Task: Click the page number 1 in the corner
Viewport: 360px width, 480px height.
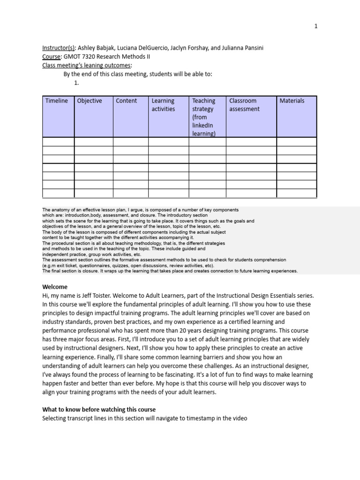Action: [x=316, y=26]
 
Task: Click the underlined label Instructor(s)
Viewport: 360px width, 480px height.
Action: [x=58, y=48]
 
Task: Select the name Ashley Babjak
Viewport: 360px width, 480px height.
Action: [x=97, y=48]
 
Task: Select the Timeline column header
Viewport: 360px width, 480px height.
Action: [x=57, y=101]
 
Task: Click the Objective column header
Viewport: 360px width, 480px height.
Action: [x=89, y=101]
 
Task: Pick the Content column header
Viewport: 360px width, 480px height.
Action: [x=126, y=101]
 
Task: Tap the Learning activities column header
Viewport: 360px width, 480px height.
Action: [x=163, y=105]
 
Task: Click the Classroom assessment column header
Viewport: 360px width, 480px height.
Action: [x=244, y=105]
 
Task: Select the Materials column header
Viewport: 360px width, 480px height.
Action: [x=292, y=101]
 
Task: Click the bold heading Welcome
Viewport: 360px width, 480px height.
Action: [x=55, y=286]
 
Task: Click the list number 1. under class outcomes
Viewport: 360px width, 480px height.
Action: [x=77, y=82]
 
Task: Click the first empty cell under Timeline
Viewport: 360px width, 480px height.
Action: [x=58, y=142]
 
